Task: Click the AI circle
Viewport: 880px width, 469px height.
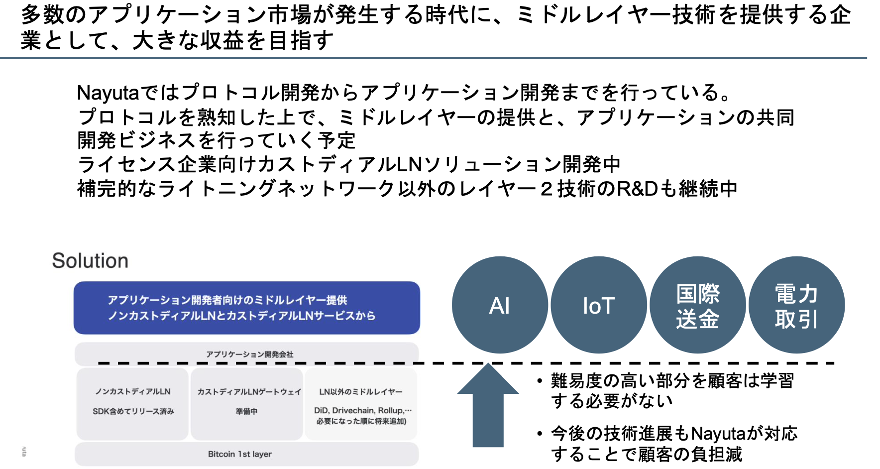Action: point(500,305)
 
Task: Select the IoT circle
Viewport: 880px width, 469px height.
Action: point(599,305)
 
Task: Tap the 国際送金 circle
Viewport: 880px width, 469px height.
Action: point(697,305)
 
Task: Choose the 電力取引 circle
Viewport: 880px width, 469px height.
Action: point(796,305)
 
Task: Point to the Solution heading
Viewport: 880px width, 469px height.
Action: point(90,261)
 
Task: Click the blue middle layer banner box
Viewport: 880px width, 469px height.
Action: point(247,308)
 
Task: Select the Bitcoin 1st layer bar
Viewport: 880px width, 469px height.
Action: point(246,454)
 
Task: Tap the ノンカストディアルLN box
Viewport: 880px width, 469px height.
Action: point(132,404)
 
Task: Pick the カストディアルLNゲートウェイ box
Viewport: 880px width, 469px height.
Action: point(247,404)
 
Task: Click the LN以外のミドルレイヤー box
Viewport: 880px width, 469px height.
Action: point(361,404)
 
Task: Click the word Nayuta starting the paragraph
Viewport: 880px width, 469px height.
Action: point(108,93)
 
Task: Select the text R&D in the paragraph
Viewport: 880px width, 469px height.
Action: point(638,189)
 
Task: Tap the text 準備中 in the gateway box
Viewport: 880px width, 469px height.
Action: point(247,412)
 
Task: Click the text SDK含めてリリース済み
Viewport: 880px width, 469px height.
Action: point(133,411)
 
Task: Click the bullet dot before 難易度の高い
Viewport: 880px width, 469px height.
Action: point(540,381)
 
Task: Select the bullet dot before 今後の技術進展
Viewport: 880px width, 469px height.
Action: point(540,434)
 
